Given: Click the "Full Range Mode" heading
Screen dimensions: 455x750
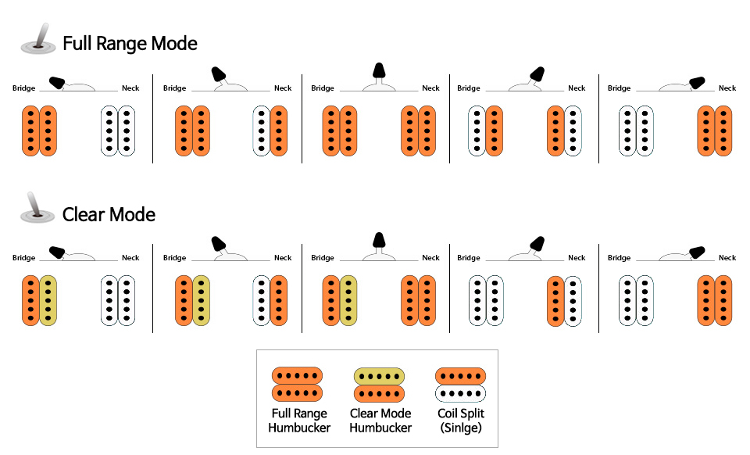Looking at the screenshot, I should [130, 43].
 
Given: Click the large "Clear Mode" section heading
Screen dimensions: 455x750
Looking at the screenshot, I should [109, 214].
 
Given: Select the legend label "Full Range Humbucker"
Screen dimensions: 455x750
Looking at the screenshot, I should [299, 420].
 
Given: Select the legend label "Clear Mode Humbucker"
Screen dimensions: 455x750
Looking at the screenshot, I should [380, 420].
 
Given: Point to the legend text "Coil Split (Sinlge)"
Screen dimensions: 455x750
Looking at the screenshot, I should [461, 420].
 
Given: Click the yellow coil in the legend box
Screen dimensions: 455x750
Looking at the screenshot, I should [380, 376].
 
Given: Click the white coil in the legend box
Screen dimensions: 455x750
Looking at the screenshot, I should [461, 392].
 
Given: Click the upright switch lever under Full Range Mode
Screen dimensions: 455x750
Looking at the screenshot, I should [379, 72].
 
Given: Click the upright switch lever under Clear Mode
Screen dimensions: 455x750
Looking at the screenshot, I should [379, 242].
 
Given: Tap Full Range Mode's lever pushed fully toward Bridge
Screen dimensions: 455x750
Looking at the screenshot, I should [57, 81].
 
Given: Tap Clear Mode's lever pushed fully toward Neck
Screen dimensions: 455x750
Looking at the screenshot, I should [697, 251].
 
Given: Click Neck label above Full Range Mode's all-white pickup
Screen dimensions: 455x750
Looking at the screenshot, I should [130, 88].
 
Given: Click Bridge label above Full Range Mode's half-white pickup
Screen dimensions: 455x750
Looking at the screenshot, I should [469, 88].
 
